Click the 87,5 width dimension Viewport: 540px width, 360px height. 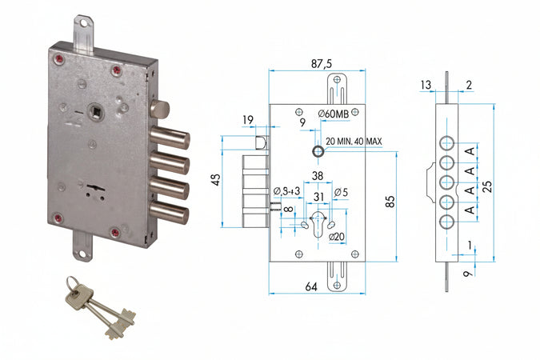(x=318, y=61)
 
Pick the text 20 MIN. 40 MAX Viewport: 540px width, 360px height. (x=354, y=141)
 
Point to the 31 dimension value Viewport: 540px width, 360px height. (x=319, y=198)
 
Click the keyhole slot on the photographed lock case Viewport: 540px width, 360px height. (x=94, y=190)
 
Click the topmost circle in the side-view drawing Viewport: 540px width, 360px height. (x=448, y=144)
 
